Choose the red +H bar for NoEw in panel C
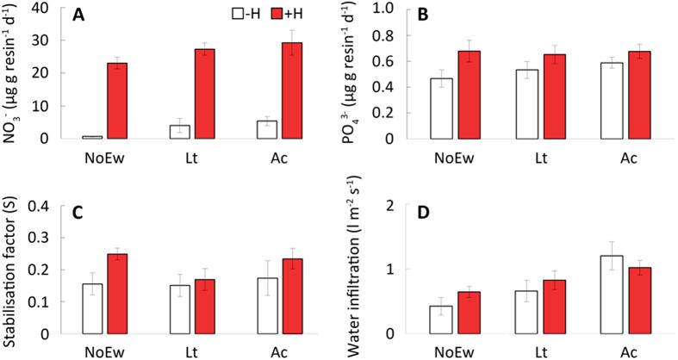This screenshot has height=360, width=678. coord(118,294)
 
